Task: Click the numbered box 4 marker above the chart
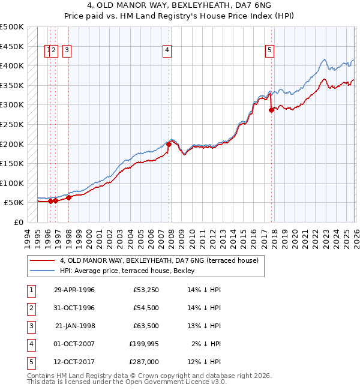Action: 166,51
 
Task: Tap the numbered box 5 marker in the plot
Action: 270,51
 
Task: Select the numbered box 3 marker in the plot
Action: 66,51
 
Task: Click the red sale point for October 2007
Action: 169,144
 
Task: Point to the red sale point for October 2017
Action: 272,110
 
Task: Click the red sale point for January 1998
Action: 68,197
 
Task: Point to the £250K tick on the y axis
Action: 12,124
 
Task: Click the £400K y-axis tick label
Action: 12,65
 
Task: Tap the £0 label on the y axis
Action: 18,223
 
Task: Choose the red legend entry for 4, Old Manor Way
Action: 159,260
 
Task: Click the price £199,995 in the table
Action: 143,344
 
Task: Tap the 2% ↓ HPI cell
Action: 206,344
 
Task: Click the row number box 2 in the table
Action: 30,308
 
